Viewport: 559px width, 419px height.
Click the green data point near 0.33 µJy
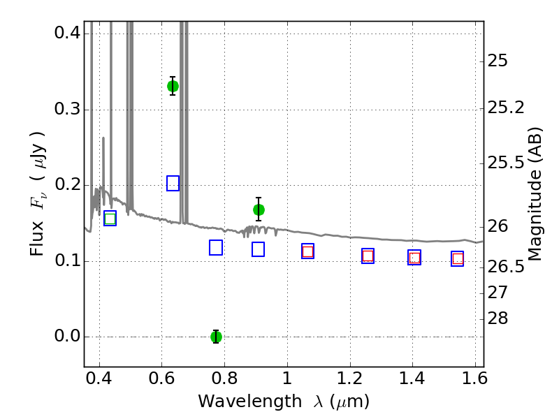[x=173, y=86]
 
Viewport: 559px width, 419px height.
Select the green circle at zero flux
[x=216, y=337]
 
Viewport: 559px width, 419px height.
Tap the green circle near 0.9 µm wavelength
[x=259, y=210]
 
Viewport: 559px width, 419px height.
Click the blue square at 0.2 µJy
[x=173, y=183]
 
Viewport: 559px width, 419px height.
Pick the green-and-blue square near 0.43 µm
[x=110, y=219]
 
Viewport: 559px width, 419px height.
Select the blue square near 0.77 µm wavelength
[x=216, y=248]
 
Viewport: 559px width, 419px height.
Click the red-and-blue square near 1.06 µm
[x=307, y=251]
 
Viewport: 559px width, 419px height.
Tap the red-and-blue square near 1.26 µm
[x=368, y=256]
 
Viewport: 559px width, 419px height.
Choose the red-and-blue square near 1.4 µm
[x=414, y=257]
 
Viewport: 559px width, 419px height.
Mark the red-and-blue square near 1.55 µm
[x=458, y=258]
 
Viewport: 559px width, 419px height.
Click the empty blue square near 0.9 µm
[x=258, y=249]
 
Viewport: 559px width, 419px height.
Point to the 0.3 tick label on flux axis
[x=67, y=109]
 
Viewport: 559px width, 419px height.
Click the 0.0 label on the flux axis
[x=67, y=336]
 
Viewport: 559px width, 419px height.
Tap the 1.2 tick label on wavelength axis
[x=350, y=378]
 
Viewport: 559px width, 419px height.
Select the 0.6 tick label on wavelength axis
[x=161, y=378]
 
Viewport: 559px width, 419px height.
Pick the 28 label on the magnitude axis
[x=498, y=318]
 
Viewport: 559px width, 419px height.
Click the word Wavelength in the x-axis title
[x=250, y=402]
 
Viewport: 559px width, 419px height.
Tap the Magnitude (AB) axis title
[x=534, y=194]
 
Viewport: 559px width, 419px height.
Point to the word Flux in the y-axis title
[x=36, y=238]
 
